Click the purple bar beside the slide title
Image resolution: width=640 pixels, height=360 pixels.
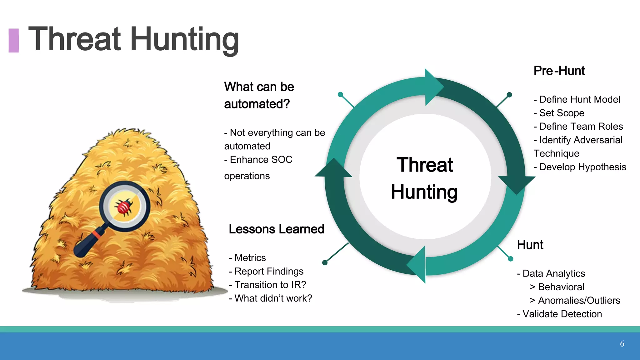click(x=13, y=40)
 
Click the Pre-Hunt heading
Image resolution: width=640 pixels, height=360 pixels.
click(x=559, y=71)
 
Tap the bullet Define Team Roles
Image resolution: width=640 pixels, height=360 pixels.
click(x=578, y=126)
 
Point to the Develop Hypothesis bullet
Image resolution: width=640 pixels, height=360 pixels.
click(x=580, y=167)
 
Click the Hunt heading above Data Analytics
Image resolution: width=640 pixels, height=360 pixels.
click(x=530, y=245)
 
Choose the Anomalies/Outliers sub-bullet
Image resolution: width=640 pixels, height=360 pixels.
click(x=575, y=300)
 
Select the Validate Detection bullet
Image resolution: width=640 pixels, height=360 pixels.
click(x=559, y=314)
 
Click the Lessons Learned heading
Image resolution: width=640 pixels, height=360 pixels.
click(x=276, y=229)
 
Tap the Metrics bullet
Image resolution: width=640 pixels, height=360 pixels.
click(x=247, y=258)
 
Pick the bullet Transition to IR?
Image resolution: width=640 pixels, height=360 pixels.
click(x=267, y=285)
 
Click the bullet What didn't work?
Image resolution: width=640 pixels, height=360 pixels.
click(x=271, y=298)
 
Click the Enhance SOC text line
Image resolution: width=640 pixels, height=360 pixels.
click(x=258, y=160)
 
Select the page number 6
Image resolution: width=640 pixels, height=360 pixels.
click(x=622, y=344)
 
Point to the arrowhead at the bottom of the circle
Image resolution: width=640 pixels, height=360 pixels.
click(x=417, y=264)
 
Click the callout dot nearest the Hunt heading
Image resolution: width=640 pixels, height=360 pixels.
click(x=511, y=259)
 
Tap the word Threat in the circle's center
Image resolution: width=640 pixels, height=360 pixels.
click(x=424, y=165)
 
